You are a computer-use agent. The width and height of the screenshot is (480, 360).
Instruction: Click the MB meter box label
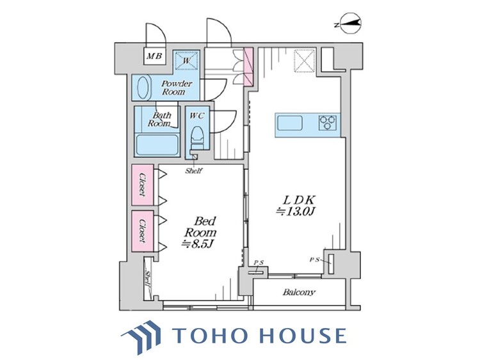[x=155, y=56]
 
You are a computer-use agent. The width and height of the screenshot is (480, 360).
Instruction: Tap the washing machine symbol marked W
[x=187, y=60]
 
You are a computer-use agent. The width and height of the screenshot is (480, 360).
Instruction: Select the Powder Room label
[x=177, y=88]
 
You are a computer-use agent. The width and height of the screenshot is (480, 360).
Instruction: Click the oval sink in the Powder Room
[x=143, y=87]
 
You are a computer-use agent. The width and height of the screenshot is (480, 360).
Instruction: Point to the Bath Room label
[x=159, y=120]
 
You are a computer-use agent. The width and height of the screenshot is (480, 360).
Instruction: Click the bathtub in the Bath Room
[x=157, y=145]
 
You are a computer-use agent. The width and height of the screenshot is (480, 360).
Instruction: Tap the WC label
[x=196, y=116]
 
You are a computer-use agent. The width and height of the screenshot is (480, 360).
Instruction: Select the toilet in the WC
[x=197, y=137]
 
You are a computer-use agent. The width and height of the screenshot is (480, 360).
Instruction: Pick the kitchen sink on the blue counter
[x=290, y=123]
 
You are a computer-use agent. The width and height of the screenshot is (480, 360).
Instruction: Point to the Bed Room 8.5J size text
[x=200, y=232]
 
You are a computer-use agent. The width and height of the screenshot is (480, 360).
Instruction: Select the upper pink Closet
[x=143, y=185]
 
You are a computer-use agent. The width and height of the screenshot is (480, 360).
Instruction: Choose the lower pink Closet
[x=143, y=231]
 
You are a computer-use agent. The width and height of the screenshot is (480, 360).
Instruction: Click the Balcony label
[x=298, y=292]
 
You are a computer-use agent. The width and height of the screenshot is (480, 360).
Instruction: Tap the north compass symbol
[x=349, y=23]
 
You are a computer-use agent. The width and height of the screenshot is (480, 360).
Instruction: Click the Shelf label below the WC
[x=193, y=171]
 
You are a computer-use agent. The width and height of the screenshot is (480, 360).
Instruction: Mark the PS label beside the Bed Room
[x=259, y=262]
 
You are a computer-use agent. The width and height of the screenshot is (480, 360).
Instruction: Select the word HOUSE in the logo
[x=303, y=335]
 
